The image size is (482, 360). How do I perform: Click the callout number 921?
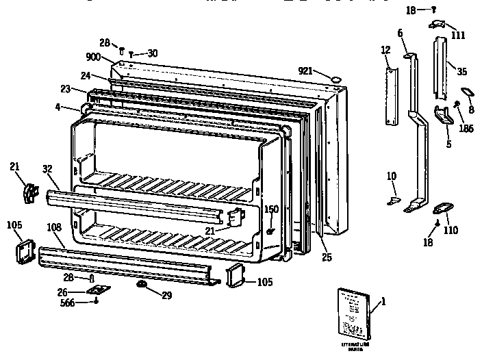307,71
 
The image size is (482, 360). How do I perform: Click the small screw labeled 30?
131,53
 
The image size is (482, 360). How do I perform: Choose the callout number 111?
458,34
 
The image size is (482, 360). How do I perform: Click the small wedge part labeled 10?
393,201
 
